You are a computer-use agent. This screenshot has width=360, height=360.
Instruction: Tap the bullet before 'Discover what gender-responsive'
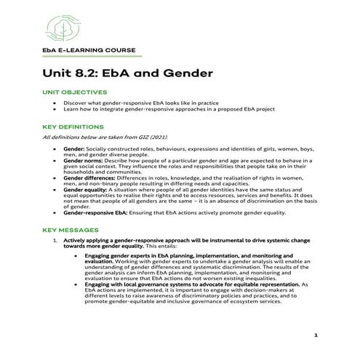(x=56, y=103)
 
